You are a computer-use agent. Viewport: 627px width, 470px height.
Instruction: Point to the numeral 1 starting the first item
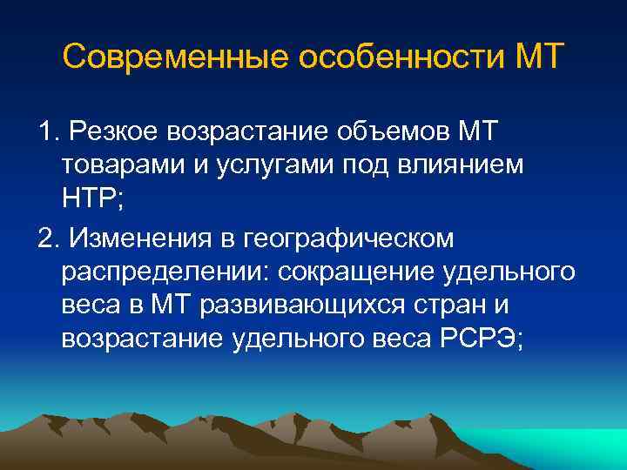46,133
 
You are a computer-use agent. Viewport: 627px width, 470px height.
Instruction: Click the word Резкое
118,133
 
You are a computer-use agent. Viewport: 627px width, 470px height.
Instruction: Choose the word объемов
394,133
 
